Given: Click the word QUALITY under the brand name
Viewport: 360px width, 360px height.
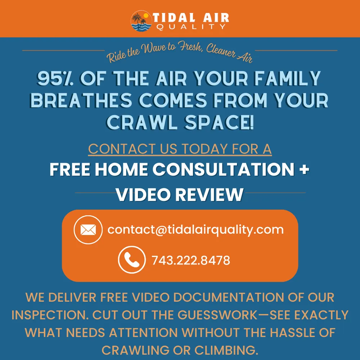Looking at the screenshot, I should [x=191, y=27].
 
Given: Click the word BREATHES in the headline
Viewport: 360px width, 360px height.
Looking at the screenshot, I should [x=81, y=101].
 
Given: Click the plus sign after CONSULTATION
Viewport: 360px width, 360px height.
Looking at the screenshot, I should [x=304, y=170].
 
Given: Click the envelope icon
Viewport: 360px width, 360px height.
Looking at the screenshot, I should [x=88, y=230].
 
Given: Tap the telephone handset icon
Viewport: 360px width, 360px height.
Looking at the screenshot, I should [x=132, y=260].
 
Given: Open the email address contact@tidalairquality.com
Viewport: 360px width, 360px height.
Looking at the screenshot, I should [x=195, y=230].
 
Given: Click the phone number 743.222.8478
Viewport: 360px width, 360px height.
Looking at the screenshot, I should [x=191, y=260].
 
